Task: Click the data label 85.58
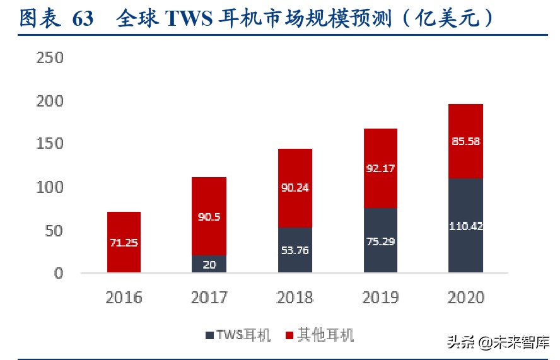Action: click(465, 141)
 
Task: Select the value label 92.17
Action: click(380, 169)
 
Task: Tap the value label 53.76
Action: click(295, 250)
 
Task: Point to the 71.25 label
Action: click(124, 243)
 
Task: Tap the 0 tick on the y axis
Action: click(59, 274)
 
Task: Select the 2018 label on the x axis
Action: click(295, 297)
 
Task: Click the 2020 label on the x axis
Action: click(465, 297)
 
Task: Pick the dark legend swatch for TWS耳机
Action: click(209, 335)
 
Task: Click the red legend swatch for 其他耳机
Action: click(290, 335)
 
